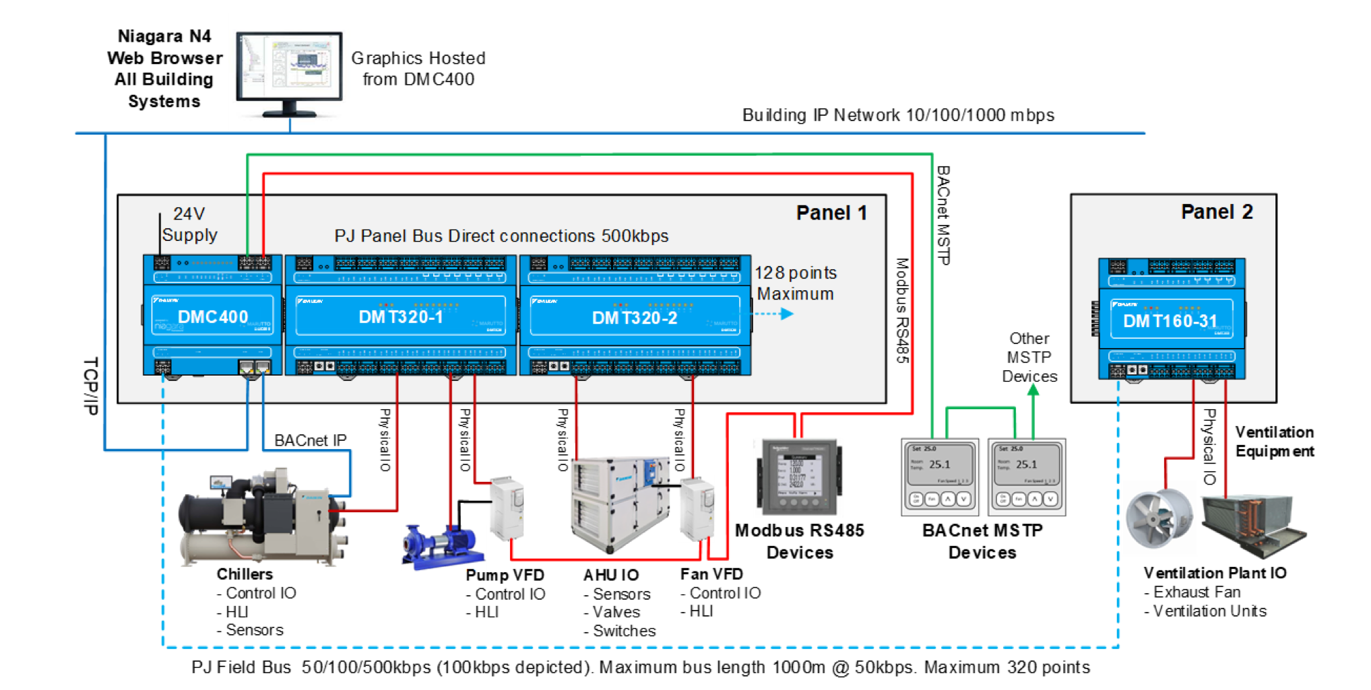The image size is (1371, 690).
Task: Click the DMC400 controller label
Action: (213, 316)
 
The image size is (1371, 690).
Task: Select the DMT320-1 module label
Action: (401, 316)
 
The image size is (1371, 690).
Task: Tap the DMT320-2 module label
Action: (635, 318)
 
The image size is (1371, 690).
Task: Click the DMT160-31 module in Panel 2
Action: (1171, 320)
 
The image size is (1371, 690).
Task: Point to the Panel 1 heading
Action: (831, 213)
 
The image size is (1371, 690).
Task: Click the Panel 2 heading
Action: (1217, 212)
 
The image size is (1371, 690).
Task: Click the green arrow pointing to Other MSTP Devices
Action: (1033, 394)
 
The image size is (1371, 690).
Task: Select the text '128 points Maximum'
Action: (795, 283)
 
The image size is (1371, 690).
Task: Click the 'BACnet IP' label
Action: (310, 440)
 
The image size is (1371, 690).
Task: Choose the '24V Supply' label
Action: (189, 224)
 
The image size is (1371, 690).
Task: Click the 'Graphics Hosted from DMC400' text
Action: (418, 69)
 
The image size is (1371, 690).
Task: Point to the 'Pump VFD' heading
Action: (505, 575)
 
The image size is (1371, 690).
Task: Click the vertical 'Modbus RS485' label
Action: (902, 311)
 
